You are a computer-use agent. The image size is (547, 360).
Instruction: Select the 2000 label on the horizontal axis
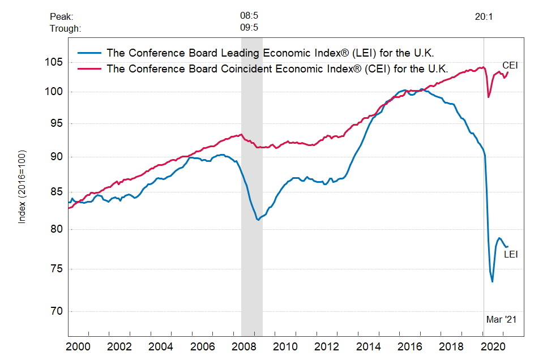(x=79, y=346)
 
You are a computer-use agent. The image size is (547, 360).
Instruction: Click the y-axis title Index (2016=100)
(x=22, y=186)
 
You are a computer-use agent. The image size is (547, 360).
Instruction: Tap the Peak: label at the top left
(x=62, y=17)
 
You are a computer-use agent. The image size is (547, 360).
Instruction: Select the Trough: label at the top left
(x=66, y=28)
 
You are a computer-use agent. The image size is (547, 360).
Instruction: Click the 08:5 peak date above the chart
(x=249, y=16)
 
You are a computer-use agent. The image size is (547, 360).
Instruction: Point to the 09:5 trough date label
(x=249, y=27)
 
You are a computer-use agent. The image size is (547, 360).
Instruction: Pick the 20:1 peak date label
(x=484, y=17)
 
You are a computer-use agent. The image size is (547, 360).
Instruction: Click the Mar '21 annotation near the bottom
(x=501, y=320)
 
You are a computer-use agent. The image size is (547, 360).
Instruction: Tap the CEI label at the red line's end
(x=510, y=66)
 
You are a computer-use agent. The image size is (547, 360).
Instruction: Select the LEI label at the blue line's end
(x=511, y=255)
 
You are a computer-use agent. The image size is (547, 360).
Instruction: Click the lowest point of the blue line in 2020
(x=493, y=282)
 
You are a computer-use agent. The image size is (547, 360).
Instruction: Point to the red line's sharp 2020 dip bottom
(x=489, y=97)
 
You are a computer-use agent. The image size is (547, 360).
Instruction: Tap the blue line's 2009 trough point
(x=258, y=220)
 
